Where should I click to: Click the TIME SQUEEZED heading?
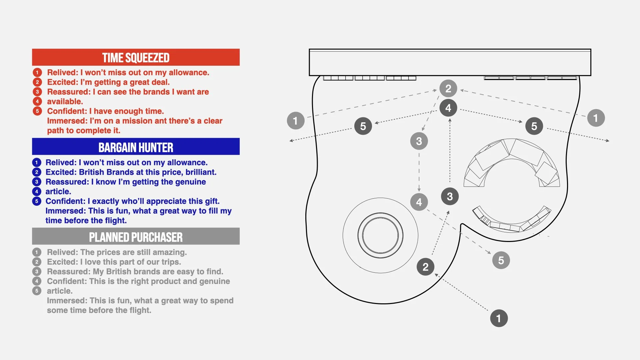136,58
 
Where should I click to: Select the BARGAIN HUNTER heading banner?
136,147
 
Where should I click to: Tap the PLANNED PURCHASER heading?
136,237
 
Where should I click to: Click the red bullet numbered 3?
37,92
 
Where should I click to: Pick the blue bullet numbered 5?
37,201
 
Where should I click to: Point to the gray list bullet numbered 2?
37,262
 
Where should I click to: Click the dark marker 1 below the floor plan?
499,318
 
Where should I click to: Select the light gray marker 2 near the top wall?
448,88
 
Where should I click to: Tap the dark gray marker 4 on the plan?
448,108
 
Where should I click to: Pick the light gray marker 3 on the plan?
419,141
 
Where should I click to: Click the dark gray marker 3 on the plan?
450,196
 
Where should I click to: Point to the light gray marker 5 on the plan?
501,260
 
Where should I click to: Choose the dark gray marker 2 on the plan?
425,267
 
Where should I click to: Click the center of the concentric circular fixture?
380,235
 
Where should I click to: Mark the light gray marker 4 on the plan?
419,202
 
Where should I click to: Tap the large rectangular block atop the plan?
450,62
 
